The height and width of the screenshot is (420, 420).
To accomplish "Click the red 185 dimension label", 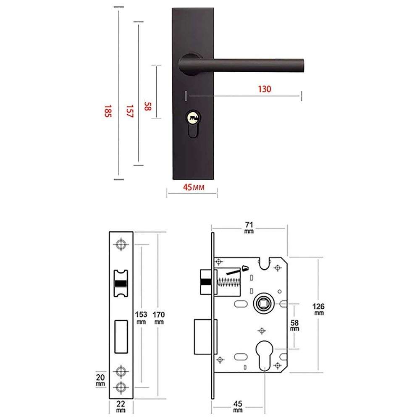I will (x=108, y=111).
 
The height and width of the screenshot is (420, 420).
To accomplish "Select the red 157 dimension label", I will (x=129, y=111).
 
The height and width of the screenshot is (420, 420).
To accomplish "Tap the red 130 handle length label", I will (x=265, y=89).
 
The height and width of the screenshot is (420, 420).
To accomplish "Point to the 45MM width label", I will (x=193, y=187).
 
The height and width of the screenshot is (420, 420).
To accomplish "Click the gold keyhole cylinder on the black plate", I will (x=193, y=118).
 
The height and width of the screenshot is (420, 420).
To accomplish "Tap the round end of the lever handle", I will (x=302, y=64).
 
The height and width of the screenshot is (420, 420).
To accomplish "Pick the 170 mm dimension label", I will (x=159, y=317).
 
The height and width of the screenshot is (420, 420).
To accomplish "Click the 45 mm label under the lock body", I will (x=238, y=406).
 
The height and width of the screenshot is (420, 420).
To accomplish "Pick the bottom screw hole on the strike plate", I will (x=121, y=387).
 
